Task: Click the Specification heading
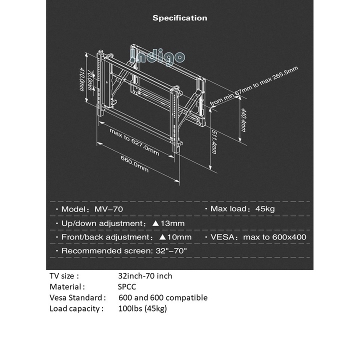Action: pyautogui.click(x=179, y=18)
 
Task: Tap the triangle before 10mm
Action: pyautogui.click(x=162, y=237)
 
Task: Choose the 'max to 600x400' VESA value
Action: pyautogui.click(x=275, y=237)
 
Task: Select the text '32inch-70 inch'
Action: pyautogui.click(x=145, y=275)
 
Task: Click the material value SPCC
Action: pyautogui.click(x=127, y=286)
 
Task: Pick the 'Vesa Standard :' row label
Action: pyautogui.click(x=77, y=297)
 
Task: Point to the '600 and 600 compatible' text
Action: pyautogui.click(x=163, y=297)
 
